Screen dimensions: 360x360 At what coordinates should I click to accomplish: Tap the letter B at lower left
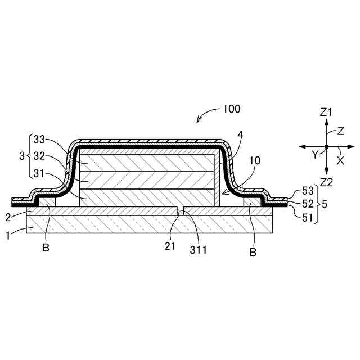46,247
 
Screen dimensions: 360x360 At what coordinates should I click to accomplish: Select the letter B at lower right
253,253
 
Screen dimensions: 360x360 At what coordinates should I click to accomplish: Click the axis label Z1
326,112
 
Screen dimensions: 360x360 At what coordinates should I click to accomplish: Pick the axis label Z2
326,181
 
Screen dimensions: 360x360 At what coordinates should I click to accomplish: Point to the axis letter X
340,160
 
